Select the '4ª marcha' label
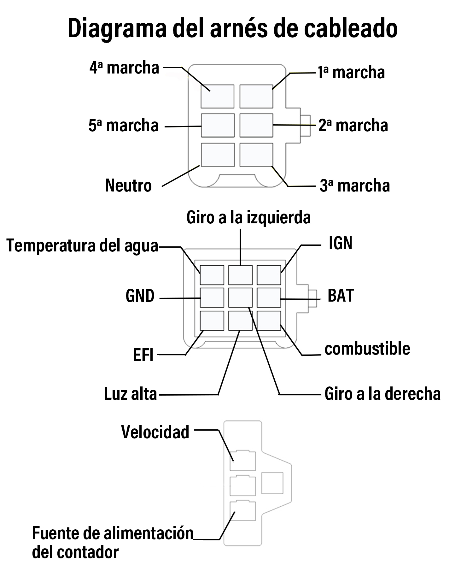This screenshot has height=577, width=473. click(124, 68)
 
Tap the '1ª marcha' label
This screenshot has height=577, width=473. click(351, 72)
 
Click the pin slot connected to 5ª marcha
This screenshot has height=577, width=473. click(218, 125)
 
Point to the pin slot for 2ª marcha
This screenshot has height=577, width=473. click(256, 125)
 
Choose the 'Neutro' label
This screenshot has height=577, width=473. click(129, 185)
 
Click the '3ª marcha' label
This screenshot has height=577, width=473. click(355, 185)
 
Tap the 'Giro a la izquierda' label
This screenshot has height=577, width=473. click(248, 217)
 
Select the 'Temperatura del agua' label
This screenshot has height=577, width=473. click(82, 246)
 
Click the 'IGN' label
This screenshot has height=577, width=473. click(341, 243)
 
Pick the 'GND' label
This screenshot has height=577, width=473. click(140, 296)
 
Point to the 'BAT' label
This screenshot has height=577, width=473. click(341, 296)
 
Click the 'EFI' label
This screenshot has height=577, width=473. click(143, 355)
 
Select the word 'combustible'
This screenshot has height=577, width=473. click(367, 349)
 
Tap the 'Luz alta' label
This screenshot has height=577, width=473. click(131, 394)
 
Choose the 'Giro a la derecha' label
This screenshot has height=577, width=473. click(382, 394)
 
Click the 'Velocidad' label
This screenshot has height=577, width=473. click(155, 432)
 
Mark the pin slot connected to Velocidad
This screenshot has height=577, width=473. click(242, 460)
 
